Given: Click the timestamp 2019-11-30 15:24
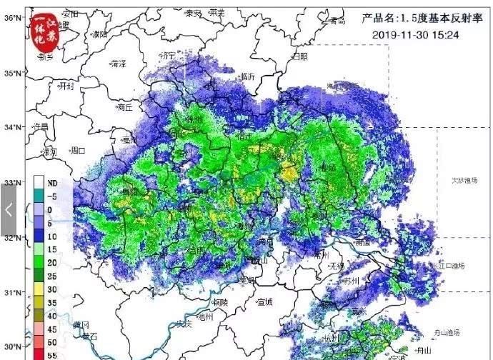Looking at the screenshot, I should [413, 34].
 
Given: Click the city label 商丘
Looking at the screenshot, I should [124, 108].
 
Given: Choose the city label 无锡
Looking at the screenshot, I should [335, 266].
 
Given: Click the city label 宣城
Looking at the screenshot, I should [264, 302].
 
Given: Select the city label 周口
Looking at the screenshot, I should [77, 151].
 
